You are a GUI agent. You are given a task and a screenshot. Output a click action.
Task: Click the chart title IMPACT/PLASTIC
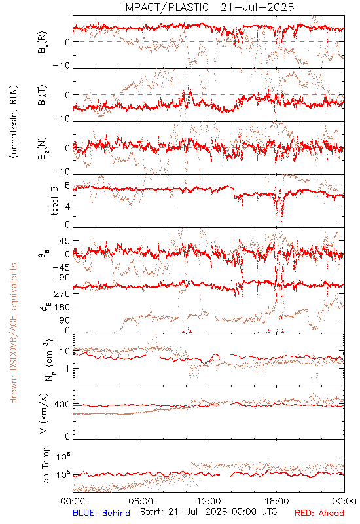[166, 7]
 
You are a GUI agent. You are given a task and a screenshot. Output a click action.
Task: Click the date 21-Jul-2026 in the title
[257, 7]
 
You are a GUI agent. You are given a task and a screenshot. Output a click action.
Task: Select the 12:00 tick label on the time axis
[209, 501]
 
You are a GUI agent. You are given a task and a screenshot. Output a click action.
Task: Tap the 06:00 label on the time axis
[141, 501]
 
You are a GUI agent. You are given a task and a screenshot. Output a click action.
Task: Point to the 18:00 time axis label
[277, 501]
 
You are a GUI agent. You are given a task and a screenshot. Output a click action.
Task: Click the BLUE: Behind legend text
[101, 513]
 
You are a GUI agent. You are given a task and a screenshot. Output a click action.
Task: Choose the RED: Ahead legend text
[319, 513]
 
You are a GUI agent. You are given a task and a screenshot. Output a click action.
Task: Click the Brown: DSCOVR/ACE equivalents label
[13, 333]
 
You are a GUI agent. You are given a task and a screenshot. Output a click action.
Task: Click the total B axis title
[54, 200]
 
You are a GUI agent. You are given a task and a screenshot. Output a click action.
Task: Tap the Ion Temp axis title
[45, 466]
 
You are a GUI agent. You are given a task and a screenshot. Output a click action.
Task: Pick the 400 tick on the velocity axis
[62, 405]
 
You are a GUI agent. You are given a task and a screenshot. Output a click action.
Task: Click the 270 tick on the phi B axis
[62, 293]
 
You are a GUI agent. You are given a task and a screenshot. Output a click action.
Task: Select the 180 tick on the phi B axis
[62, 307]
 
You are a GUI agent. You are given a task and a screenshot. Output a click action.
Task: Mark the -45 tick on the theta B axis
[61, 267]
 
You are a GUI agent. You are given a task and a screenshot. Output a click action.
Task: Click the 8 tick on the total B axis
[67, 186]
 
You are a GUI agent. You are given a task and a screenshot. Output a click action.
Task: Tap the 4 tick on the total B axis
[67, 206]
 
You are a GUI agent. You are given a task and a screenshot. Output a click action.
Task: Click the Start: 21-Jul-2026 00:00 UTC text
[208, 512]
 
